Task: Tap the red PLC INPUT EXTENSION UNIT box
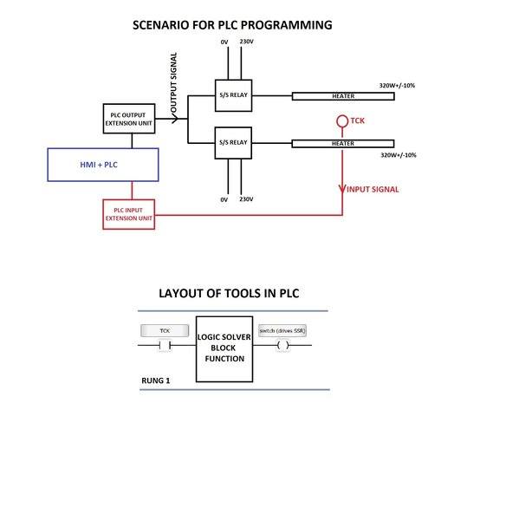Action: tap(129, 213)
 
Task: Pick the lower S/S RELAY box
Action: tap(233, 142)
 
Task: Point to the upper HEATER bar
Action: tap(342, 95)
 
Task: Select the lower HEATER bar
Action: tap(342, 143)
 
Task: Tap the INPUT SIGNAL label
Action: tap(373, 189)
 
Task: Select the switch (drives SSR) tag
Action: tap(282, 331)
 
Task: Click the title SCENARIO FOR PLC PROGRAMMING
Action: tap(232, 25)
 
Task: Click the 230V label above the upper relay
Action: tap(247, 42)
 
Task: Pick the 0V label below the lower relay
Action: tap(224, 199)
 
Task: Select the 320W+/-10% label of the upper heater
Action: tap(398, 84)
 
